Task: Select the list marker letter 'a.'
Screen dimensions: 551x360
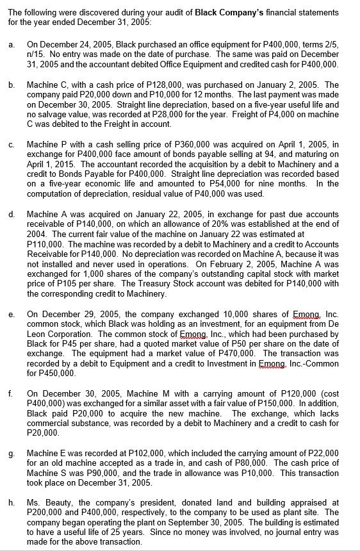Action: pyautogui.click(x=11, y=44)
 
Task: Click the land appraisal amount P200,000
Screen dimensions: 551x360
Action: pyautogui.click(x=43, y=513)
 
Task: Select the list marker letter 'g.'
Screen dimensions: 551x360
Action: pyautogui.click(x=11, y=454)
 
